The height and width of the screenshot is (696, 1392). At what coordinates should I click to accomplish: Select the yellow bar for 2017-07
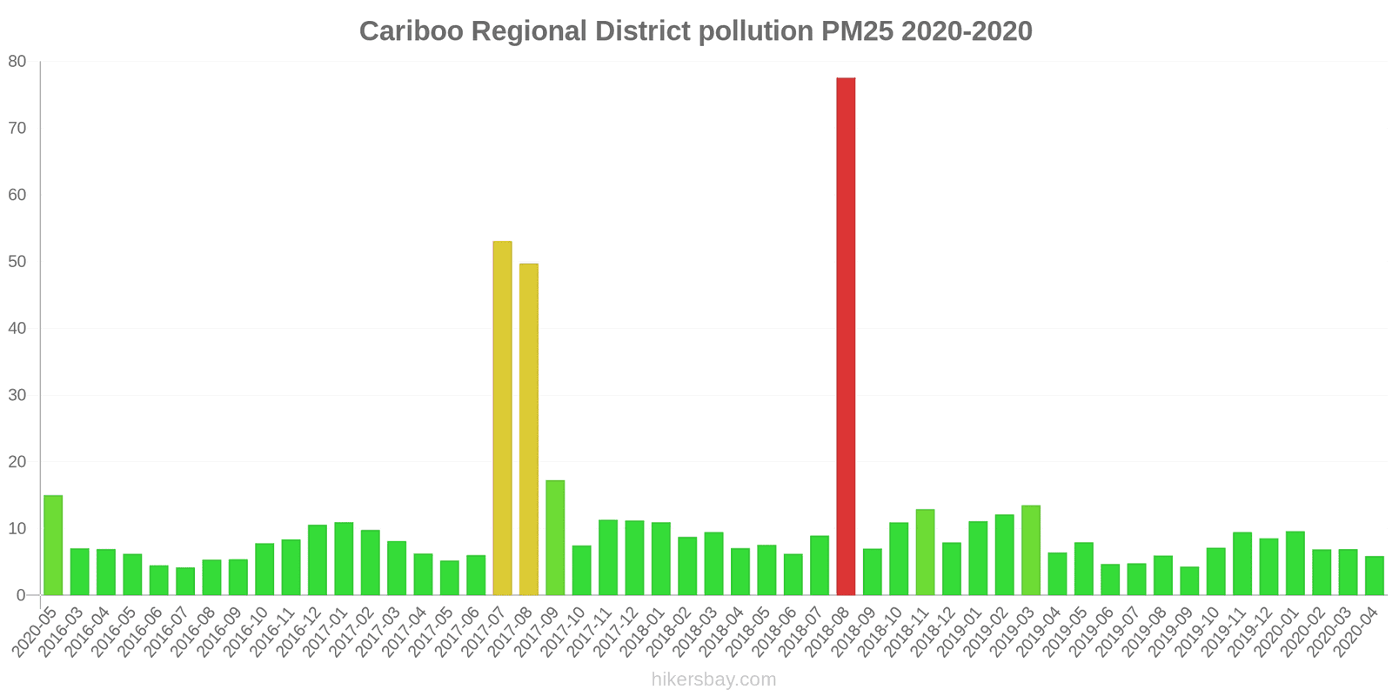tap(502, 418)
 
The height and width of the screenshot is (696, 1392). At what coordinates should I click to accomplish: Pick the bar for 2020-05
tap(53, 545)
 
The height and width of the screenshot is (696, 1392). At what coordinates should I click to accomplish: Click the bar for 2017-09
tap(555, 538)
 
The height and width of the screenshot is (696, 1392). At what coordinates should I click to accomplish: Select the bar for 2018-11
tap(925, 552)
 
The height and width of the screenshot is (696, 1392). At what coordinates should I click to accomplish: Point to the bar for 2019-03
tap(1031, 551)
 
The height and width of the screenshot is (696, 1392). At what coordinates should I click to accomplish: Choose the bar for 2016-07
tap(185, 581)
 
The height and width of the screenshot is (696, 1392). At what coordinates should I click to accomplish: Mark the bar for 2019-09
tap(1189, 581)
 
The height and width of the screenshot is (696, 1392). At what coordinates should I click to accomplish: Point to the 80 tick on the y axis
tap(17, 62)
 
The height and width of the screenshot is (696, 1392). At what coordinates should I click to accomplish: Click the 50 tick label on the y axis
tap(17, 262)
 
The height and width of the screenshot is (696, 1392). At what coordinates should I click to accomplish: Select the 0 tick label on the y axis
tap(22, 596)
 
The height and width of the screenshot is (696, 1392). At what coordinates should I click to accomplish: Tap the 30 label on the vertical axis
tap(17, 396)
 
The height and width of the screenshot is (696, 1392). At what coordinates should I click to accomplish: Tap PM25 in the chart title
tap(857, 31)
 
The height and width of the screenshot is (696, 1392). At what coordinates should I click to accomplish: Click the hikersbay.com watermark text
tap(713, 679)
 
